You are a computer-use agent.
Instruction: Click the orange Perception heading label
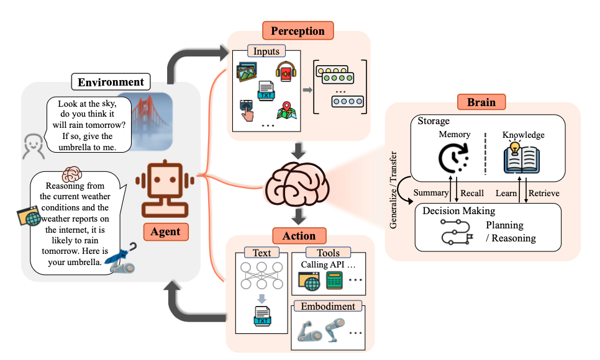[298, 30]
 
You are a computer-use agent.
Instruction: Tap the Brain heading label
[481, 102]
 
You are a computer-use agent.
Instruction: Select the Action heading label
[299, 236]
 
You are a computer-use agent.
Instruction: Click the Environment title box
[111, 82]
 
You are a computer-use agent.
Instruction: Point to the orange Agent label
[166, 232]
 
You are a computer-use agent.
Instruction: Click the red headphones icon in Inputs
[286, 71]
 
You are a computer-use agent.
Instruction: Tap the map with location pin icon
[286, 110]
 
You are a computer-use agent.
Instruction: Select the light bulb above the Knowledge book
[515, 147]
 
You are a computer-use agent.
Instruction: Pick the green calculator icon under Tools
[334, 281]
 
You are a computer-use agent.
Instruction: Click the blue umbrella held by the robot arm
[121, 254]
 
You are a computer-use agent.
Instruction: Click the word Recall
[472, 193]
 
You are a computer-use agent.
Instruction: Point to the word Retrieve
[543, 193]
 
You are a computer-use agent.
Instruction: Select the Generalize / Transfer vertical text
[393, 190]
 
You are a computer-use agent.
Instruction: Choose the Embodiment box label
[328, 307]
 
